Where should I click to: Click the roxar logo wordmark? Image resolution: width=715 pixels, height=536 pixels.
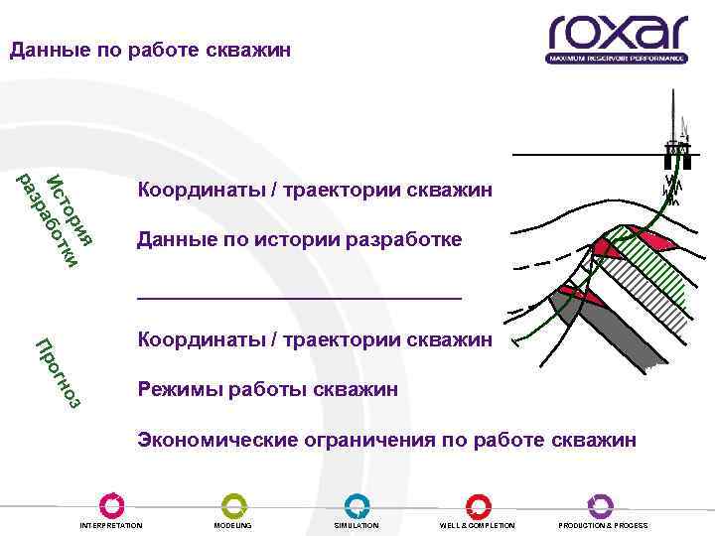617,33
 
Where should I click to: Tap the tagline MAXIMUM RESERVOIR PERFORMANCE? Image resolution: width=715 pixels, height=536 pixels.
617,59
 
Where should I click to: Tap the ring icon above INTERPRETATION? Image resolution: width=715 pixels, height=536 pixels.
111,505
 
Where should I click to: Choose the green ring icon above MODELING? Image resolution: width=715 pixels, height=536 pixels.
233,505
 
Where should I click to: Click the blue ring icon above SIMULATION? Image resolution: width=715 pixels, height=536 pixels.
357,505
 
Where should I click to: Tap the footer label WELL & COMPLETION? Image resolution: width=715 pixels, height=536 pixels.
478,525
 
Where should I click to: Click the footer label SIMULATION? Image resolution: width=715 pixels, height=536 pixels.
357,525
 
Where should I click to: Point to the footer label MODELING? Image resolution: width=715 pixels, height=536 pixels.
233,525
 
